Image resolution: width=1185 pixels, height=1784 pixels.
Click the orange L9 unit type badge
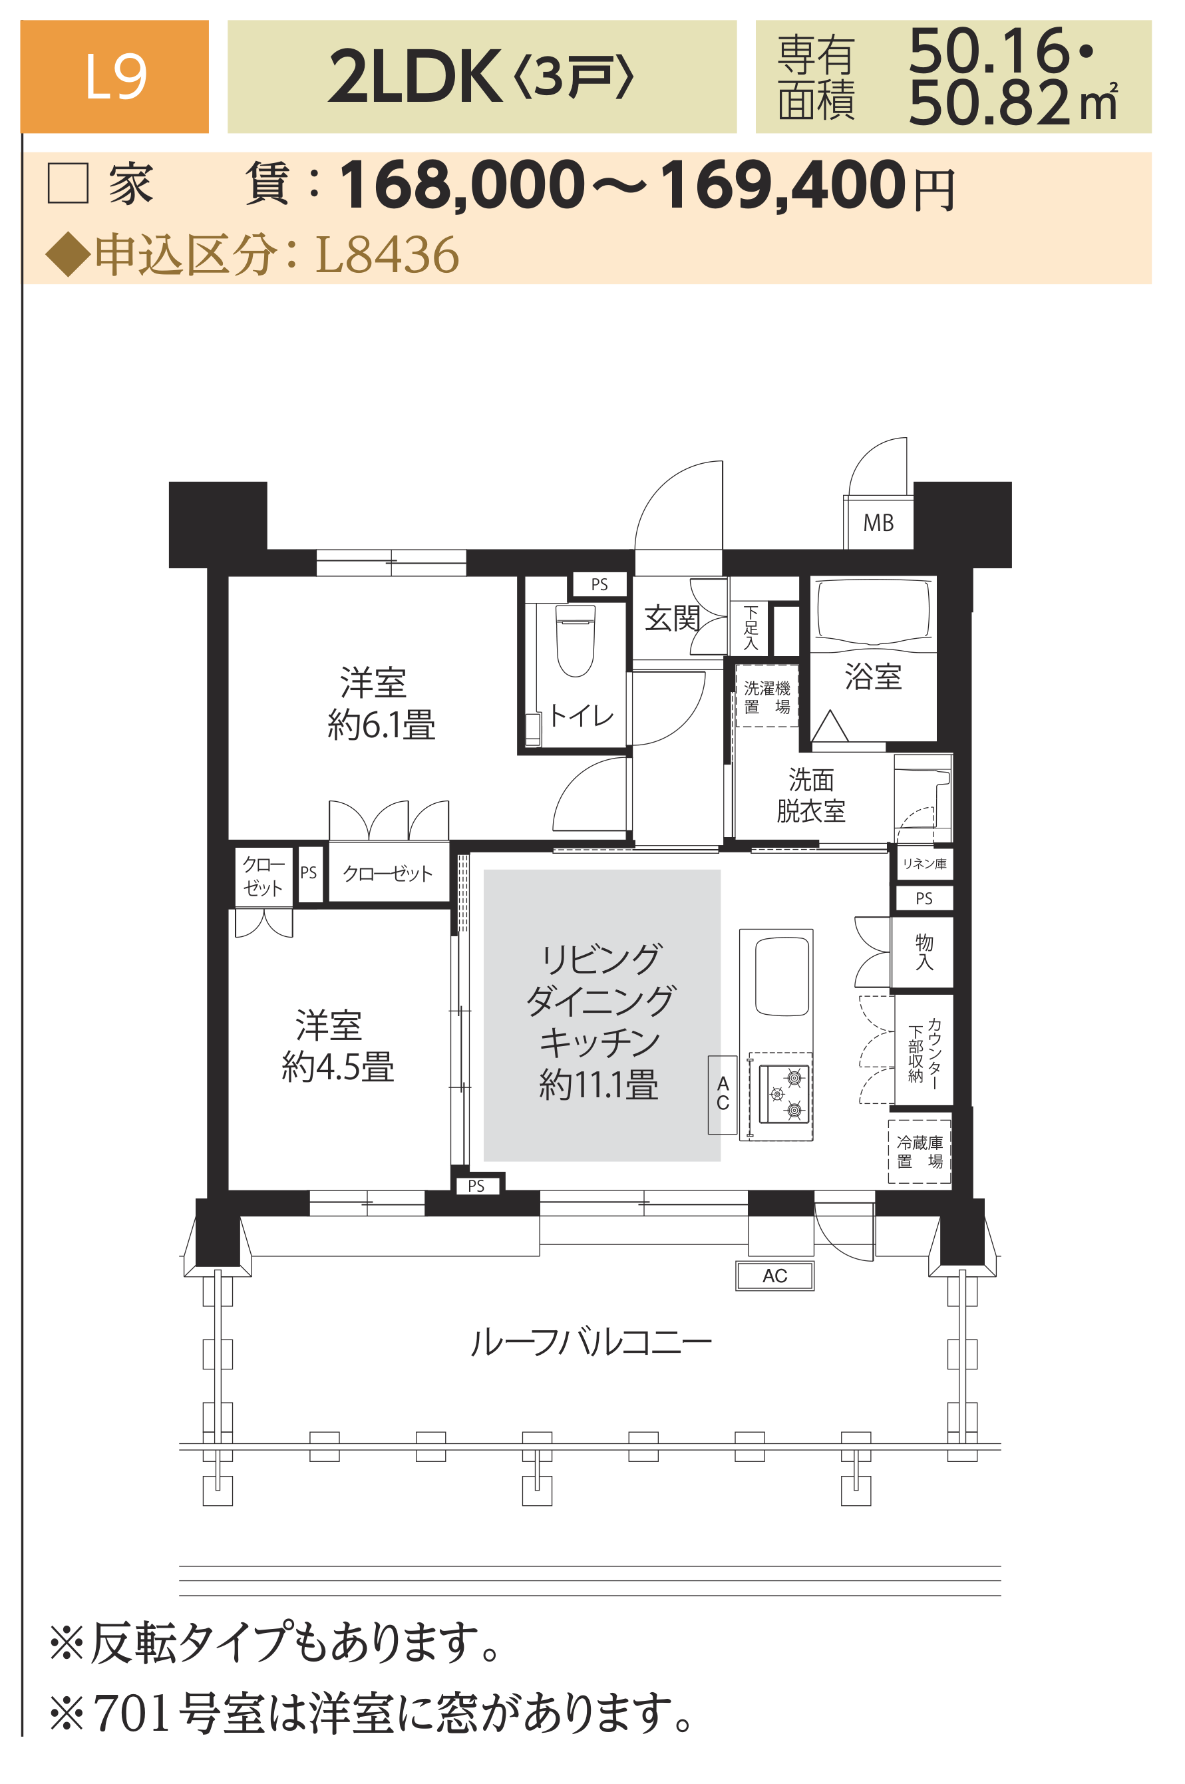click(x=114, y=77)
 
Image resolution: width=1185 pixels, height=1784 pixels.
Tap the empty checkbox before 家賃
click(x=68, y=183)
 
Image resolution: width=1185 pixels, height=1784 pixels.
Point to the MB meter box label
click(x=878, y=522)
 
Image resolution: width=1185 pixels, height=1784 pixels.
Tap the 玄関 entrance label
click(x=672, y=618)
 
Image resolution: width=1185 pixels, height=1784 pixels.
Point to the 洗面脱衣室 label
click(x=811, y=795)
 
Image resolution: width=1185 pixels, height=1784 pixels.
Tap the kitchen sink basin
click(x=782, y=976)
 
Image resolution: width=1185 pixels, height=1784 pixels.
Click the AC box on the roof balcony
click(x=774, y=1276)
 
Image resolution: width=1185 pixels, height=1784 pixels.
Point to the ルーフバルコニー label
click(x=590, y=1343)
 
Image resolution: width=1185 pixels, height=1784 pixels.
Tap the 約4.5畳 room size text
click(x=338, y=1067)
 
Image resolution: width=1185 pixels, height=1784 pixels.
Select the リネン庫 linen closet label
click(x=924, y=864)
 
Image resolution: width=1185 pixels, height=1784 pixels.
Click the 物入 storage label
click(x=924, y=952)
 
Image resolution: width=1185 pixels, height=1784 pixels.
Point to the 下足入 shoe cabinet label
click(x=751, y=627)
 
